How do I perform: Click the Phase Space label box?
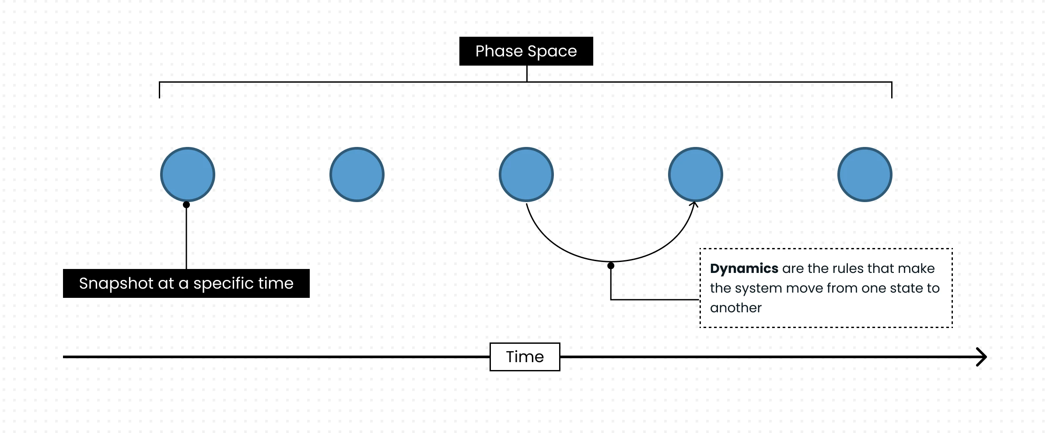point(526,51)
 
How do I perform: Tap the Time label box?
point(525,357)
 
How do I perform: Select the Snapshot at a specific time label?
point(186,283)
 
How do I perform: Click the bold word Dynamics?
point(744,268)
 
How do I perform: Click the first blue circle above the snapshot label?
point(188,175)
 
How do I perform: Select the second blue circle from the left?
point(357,175)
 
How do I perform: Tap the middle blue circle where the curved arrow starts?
point(526,175)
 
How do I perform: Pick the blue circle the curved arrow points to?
point(696,175)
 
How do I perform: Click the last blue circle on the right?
point(865,175)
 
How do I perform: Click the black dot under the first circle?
point(186,205)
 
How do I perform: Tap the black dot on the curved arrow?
point(611,265)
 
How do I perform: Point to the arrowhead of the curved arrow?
point(694,204)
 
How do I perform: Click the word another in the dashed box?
point(735,308)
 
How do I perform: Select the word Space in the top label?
point(552,51)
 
